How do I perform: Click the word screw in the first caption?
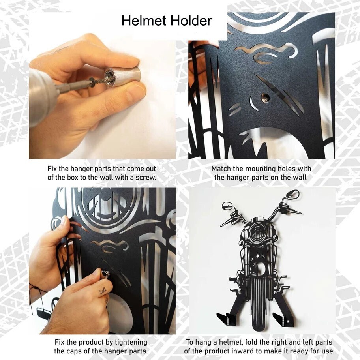tap(147, 177)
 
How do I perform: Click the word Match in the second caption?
tap(221, 169)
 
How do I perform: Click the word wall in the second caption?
tap(301, 177)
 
